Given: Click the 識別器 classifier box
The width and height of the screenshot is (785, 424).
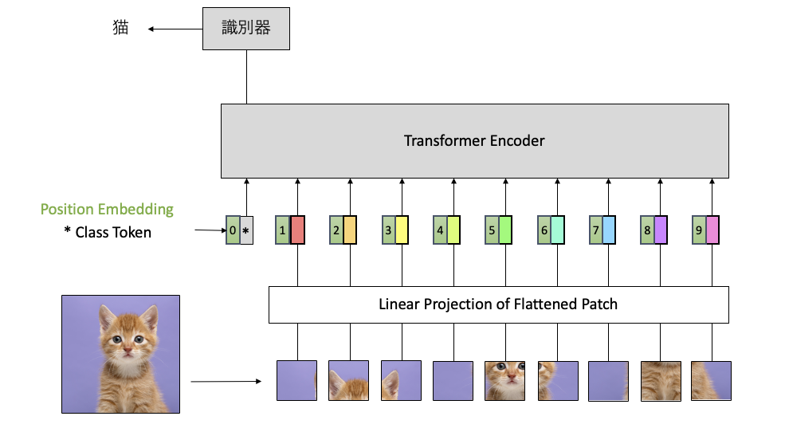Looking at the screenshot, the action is tap(245, 29).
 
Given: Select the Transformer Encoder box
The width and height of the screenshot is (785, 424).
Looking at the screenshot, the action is tap(475, 140).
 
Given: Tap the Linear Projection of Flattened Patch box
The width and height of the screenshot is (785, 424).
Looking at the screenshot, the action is tap(499, 304).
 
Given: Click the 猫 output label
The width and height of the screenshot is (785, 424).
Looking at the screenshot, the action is tap(120, 27).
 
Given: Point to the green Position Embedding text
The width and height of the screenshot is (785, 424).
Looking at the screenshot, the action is tap(107, 210).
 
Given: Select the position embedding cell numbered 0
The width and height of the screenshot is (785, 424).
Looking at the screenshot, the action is tap(233, 230).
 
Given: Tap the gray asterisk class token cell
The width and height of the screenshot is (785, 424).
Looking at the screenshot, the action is tap(246, 230).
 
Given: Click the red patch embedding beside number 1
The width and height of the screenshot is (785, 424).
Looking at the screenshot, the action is tap(297, 230).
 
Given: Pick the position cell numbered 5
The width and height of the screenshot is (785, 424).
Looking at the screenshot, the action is tap(492, 230).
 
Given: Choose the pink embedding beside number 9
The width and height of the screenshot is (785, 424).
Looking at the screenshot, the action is tap(712, 230).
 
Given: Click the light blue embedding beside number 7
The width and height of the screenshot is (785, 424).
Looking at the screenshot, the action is tap(609, 230).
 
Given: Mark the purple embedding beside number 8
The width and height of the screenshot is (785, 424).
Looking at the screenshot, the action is tap(661, 230).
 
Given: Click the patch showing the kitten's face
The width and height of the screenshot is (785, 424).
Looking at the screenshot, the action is tap(504, 381).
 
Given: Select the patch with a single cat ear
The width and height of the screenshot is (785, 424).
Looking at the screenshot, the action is tap(401, 381).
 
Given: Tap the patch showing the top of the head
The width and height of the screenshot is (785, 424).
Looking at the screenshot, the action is tap(348, 381).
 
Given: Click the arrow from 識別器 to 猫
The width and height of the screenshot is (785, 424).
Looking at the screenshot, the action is tap(175, 29).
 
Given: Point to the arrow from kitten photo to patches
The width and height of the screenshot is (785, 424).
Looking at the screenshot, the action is tap(226, 382).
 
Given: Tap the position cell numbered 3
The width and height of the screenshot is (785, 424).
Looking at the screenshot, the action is tap(388, 230).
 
